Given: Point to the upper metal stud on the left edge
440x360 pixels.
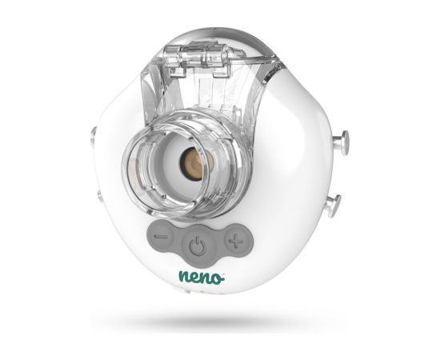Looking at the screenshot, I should click(94, 137).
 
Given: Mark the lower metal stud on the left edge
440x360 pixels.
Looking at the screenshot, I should click(95, 193).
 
